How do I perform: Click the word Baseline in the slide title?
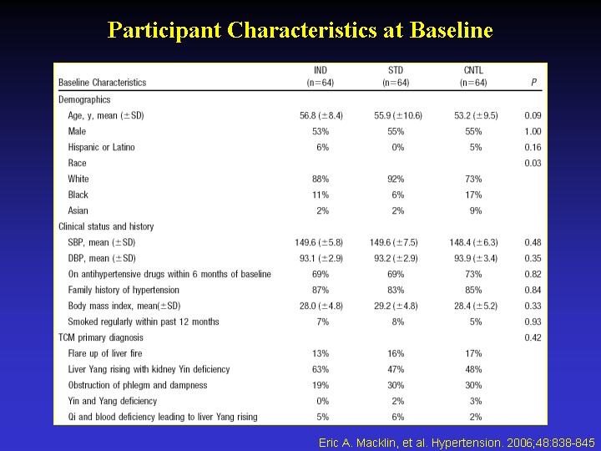[x=451, y=29]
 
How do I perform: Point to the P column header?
[x=533, y=83]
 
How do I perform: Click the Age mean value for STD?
[x=398, y=115]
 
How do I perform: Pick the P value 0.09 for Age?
[x=533, y=115]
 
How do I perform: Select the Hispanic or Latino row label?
[x=101, y=147]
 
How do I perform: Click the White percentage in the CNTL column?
[x=473, y=179]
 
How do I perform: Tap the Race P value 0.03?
[x=533, y=163]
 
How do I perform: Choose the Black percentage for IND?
[x=321, y=195]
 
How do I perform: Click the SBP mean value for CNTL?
[x=473, y=242]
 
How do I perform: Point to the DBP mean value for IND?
[x=321, y=258]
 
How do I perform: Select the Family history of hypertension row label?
[x=124, y=290]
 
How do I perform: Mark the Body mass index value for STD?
[x=396, y=306]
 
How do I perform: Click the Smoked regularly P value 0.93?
[x=533, y=322]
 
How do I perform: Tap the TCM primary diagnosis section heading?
[x=101, y=337]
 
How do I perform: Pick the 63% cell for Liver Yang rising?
[x=321, y=369]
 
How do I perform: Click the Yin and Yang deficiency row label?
[x=113, y=401]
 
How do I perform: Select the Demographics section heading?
[x=84, y=99]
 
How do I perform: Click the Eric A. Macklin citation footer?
[x=457, y=443]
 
